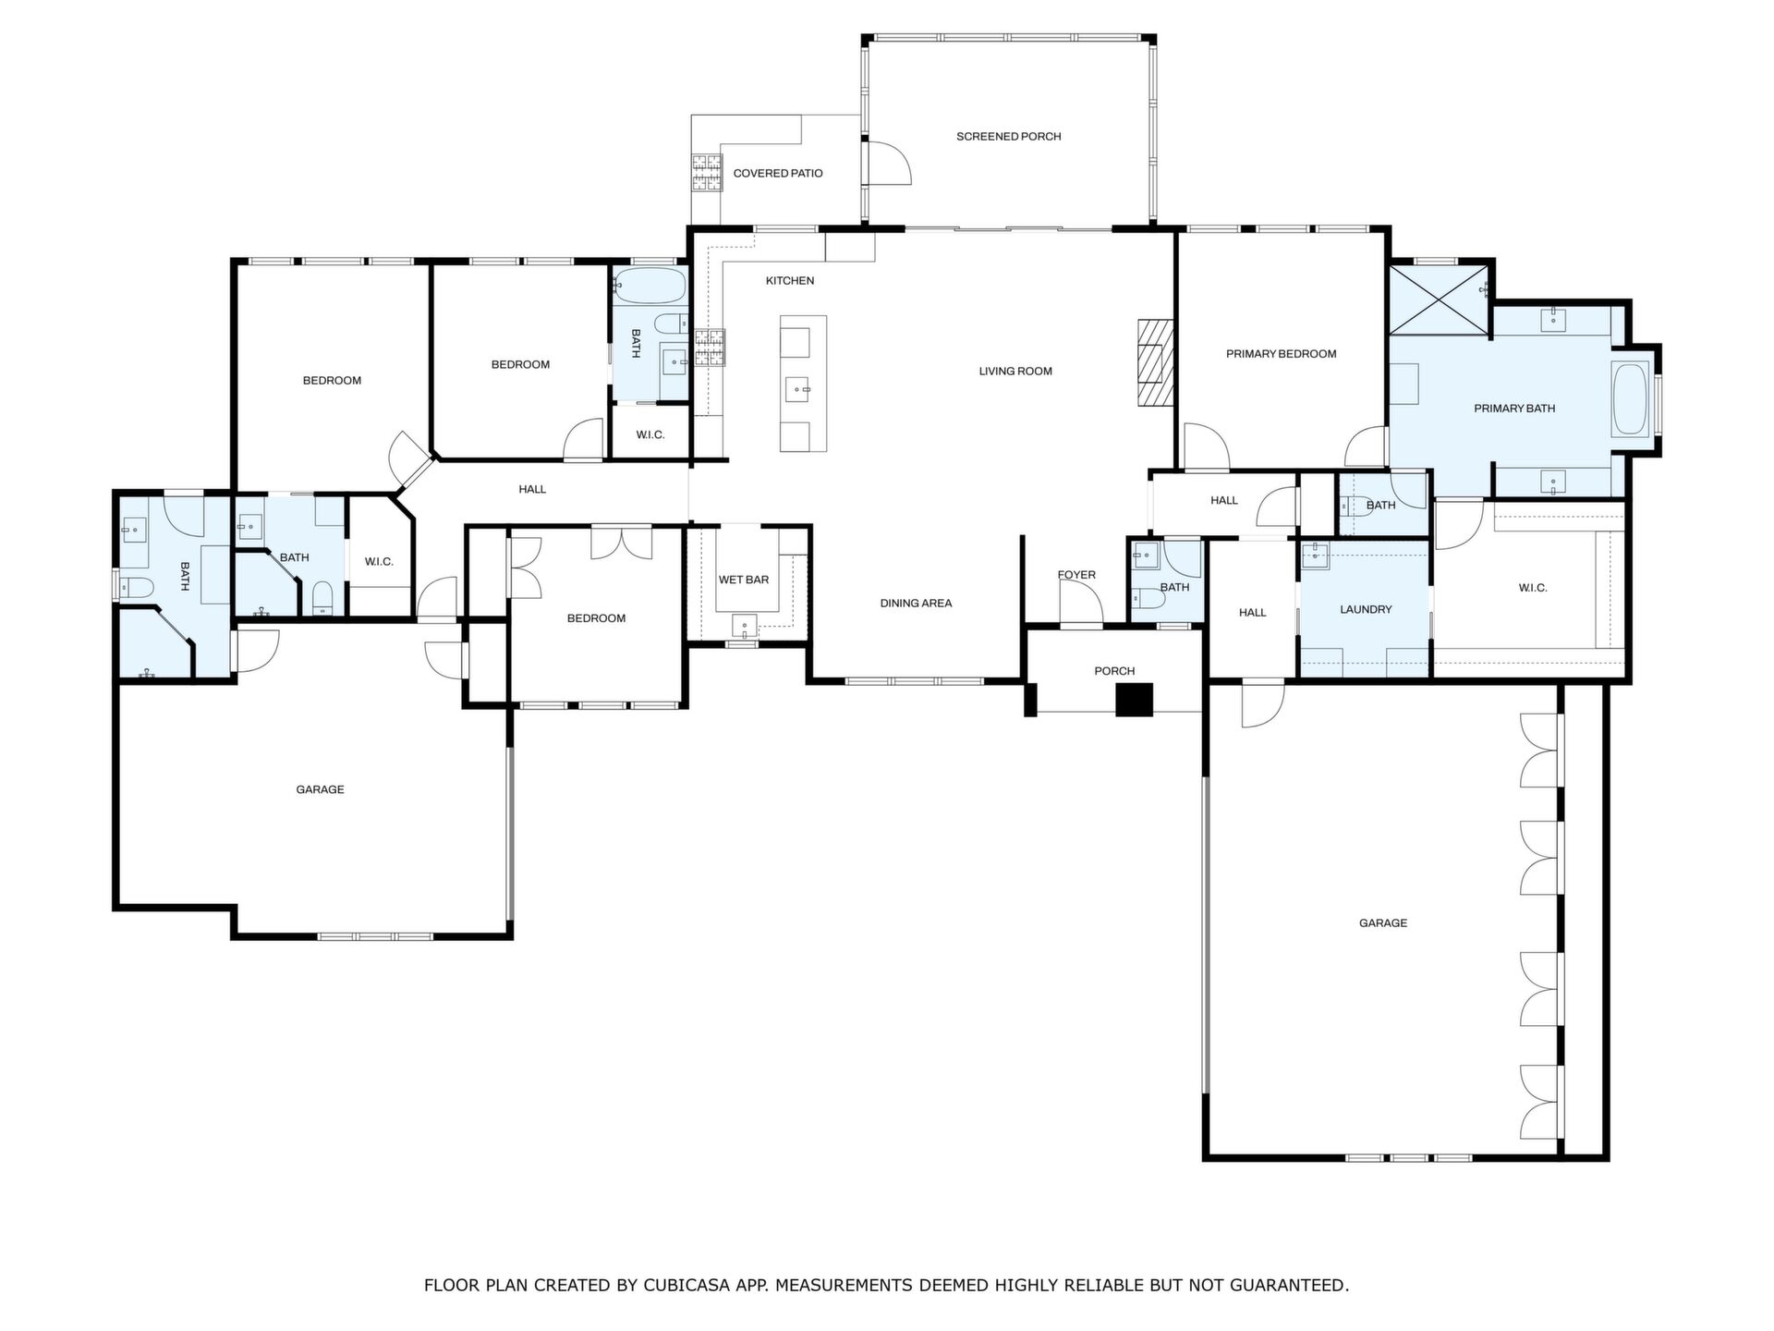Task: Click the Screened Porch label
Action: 1008,137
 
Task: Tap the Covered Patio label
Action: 777,174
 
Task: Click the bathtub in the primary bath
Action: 1630,399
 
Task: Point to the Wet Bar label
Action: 744,580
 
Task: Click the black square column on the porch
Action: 1135,700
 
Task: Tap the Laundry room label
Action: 1366,610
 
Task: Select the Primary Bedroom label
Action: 1281,354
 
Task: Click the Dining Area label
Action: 916,604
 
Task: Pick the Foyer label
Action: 1076,575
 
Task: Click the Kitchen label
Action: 790,281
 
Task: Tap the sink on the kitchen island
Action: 797,390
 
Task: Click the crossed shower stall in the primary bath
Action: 1440,300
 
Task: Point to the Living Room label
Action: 1015,372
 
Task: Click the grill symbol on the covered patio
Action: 708,173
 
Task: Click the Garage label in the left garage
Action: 320,790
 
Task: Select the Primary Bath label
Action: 1514,409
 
